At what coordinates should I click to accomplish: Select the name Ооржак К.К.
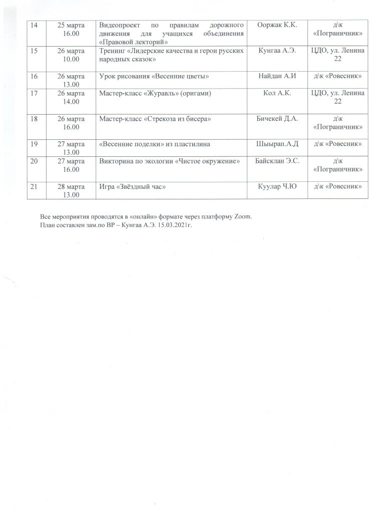277,25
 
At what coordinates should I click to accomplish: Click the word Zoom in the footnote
244,217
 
